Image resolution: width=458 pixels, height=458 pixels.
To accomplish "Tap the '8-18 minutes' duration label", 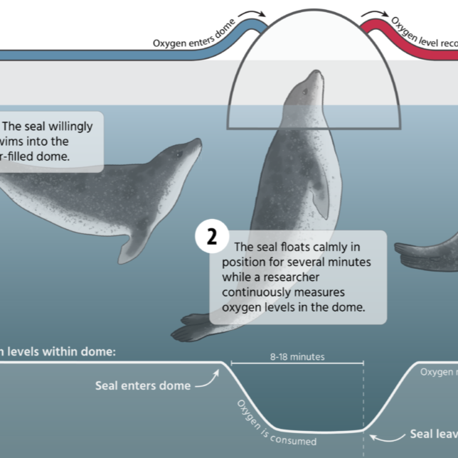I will pos(297,356).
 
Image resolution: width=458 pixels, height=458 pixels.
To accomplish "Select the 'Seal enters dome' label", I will pos(143,385).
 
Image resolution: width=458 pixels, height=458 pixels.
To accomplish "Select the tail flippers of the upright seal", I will pos(196,328).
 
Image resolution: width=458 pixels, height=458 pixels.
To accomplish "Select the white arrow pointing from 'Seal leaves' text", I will pos(383,435).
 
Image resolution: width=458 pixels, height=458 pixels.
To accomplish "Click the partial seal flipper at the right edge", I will pos(427,252).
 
